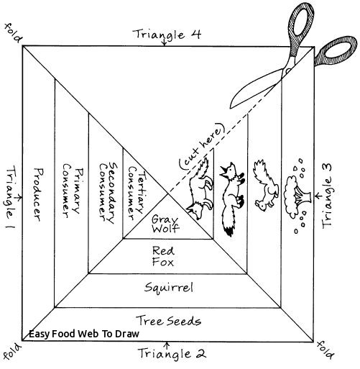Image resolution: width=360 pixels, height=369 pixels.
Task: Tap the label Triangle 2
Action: pyautogui.click(x=170, y=353)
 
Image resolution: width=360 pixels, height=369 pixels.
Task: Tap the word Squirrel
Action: pyautogui.click(x=166, y=288)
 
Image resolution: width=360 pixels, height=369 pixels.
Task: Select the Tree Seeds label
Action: pyautogui.click(x=169, y=320)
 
